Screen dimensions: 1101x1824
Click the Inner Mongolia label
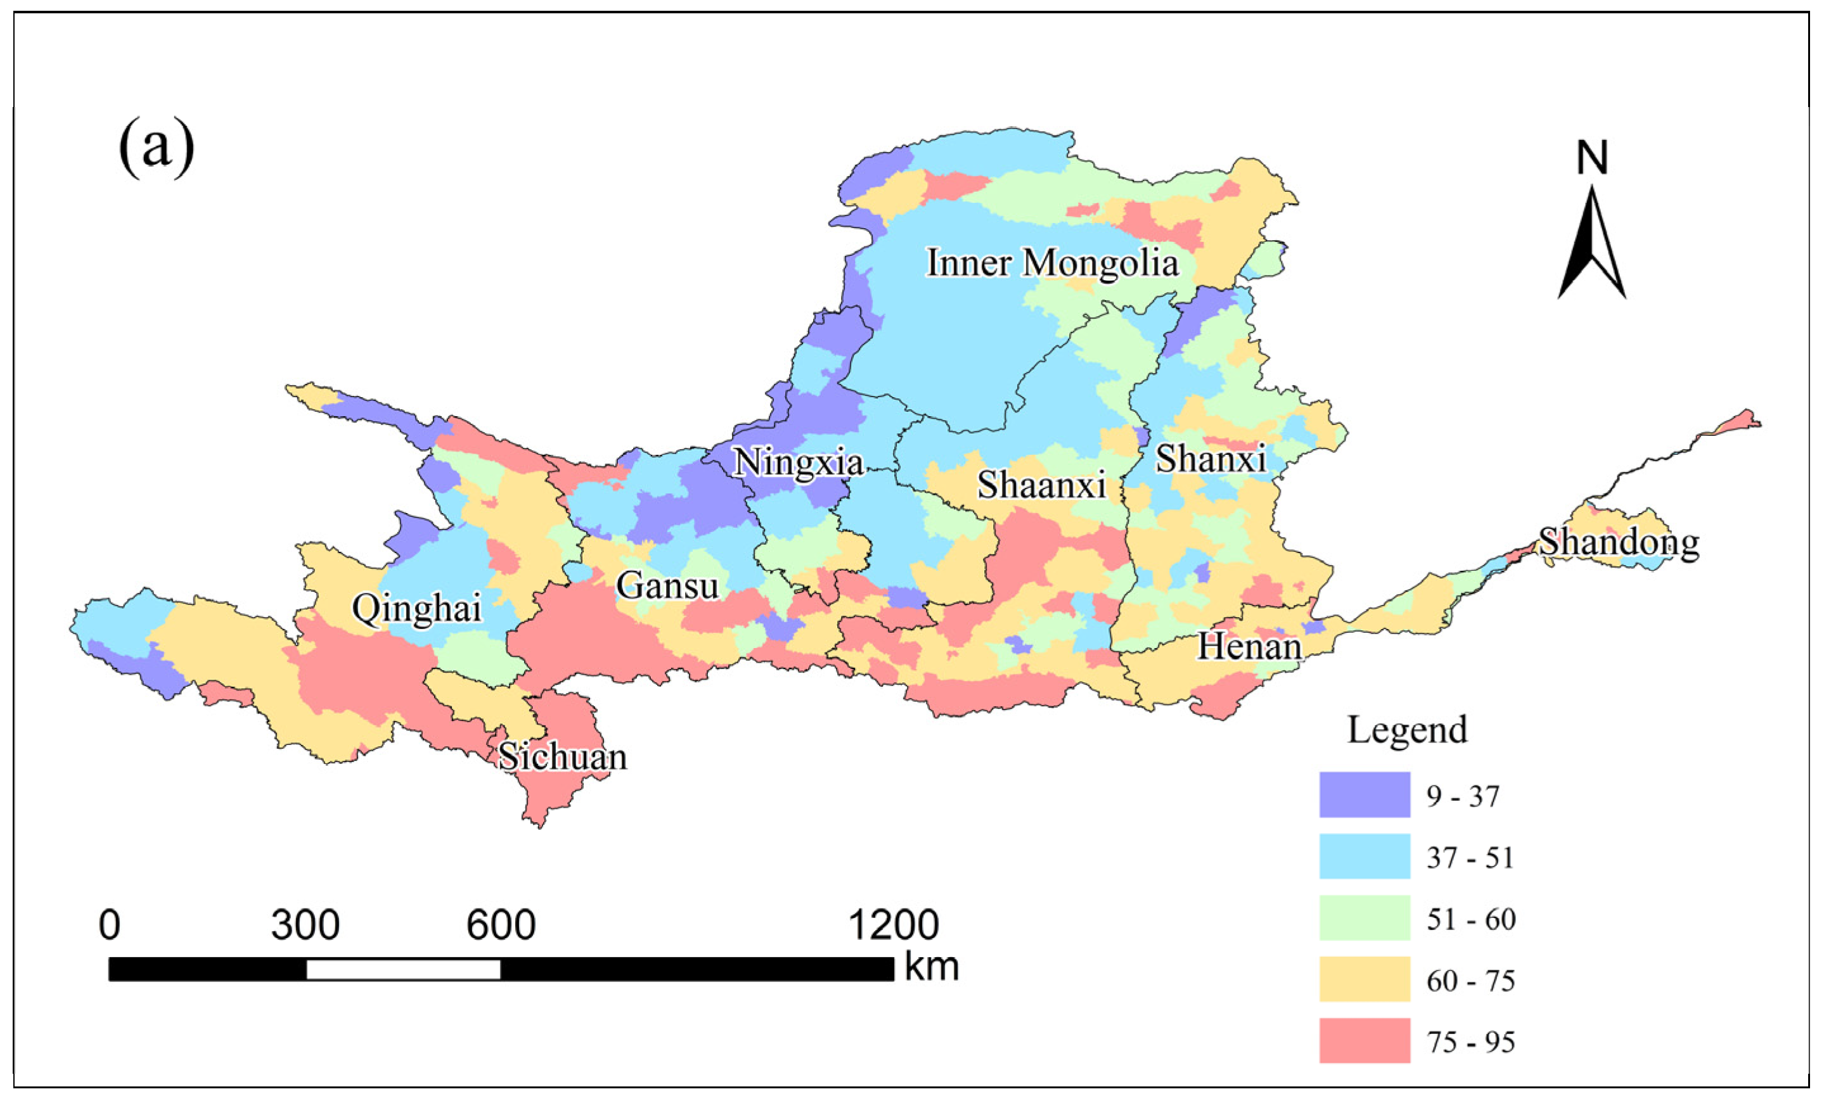click(x=1053, y=264)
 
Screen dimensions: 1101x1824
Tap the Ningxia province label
click(x=798, y=463)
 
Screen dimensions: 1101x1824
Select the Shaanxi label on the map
click(x=1041, y=485)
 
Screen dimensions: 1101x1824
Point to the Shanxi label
click(x=1211, y=459)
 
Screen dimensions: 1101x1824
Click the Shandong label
click(x=1619, y=543)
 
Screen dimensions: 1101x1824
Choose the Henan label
click(x=1250, y=647)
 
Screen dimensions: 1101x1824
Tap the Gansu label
click(x=667, y=587)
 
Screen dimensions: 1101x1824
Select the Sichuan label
click(x=563, y=757)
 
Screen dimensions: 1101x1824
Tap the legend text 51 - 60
click(x=1471, y=919)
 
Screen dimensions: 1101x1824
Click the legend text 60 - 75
click(x=1471, y=981)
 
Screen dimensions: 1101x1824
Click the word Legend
click(x=1406, y=730)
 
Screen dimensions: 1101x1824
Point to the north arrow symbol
click(x=1591, y=244)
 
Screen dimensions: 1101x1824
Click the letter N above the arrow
click(x=1591, y=158)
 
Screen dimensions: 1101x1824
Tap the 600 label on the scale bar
click(x=501, y=925)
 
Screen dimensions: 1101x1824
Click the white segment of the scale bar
click(x=404, y=969)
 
